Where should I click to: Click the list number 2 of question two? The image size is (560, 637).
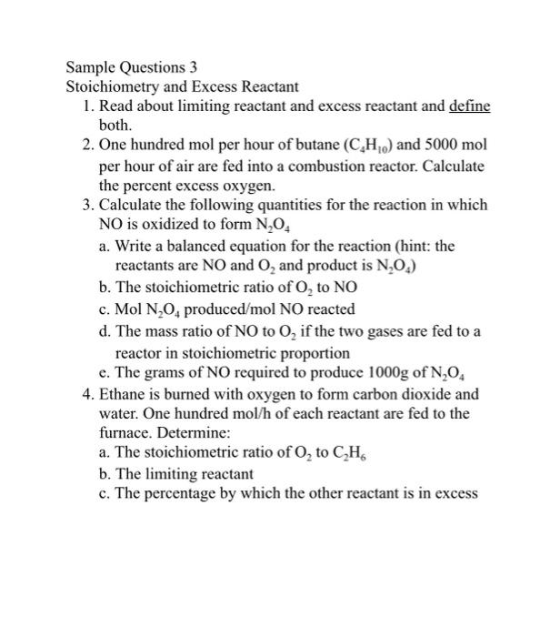point(85,147)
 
